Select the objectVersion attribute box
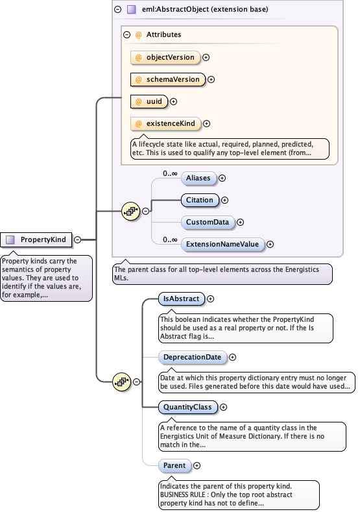pyautogui.click(x=165, y=57)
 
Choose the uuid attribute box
pyautogui.click(x=149, y=101)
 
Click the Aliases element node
pyautogui.click(x=198, y=178)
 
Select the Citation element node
pyautogui.click(x=199, y=200)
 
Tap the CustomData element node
pyautogui.click(x=207, y=222)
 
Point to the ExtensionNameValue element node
pyautogui.click(x=222, y=244)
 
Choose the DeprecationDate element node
pyautogui.click(x=193, y=357)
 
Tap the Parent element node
pyautogui.click(x=174, y=465)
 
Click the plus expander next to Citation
pyautogui.click(x=225, y=201)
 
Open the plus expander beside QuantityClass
pyautogui.click(x=224, y=408)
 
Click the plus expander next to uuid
pyautogui.click(x=173, y=101)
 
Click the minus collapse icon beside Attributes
pyautogui.click(x=127, y=34)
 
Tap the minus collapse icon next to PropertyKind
pyautogui.click(x=77, y=239)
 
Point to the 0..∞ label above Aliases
pyautogui.click(x=170, y=173)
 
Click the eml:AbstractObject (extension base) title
pyautogui.click(x=196, y=10)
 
